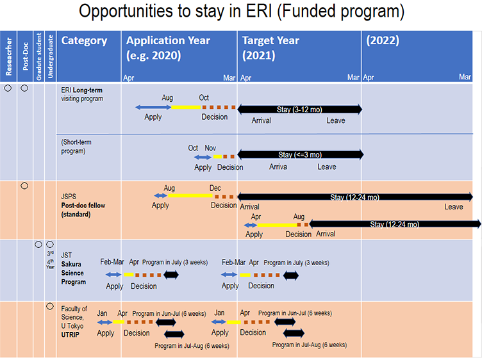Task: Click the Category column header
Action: [84, 40]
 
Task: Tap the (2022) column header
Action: [383, 40]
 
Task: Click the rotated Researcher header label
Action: [8, 56]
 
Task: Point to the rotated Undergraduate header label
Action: [50, 56]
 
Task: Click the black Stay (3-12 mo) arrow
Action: [300, 110]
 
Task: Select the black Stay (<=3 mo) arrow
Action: [301, 154]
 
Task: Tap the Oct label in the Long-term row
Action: [203, 97]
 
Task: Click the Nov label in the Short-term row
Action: [210, 148]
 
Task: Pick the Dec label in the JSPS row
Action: [215, 188]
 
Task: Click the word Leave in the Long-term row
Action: [336, 120]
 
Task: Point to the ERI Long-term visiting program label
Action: [82, 94]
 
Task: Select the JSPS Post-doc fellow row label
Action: [83, 205]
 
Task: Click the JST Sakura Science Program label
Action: [73, 268]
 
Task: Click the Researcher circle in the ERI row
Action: [8, 88]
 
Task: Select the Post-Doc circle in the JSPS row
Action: [24, 186]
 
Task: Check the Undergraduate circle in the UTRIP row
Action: [50, 306]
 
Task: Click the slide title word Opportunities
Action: [126, 12]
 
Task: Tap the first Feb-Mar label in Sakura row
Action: [112, 262]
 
